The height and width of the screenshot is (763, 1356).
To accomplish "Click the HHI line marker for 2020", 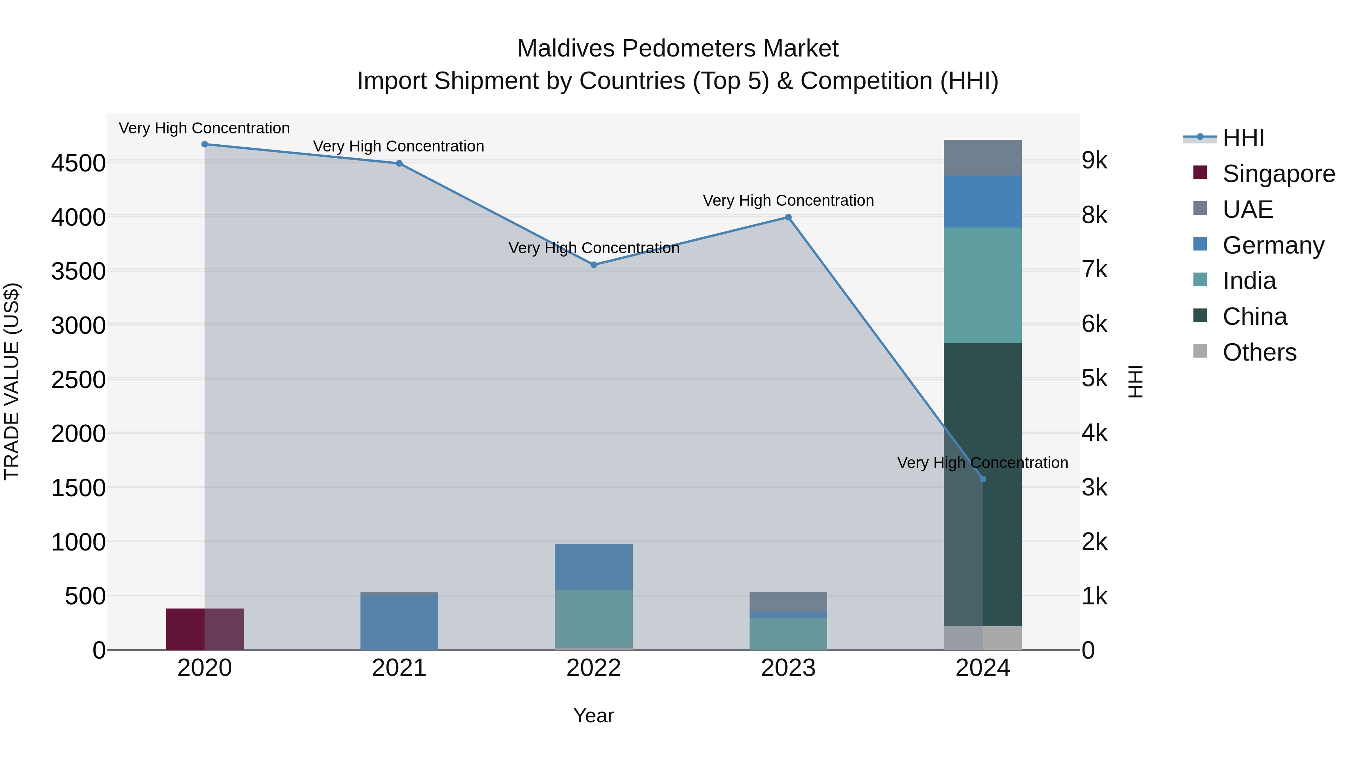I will point(205,144).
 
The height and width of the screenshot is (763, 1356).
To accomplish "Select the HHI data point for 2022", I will point(594,265).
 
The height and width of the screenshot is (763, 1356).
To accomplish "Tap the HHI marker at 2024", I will point(983,479).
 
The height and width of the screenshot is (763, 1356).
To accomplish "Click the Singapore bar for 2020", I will point(205,629).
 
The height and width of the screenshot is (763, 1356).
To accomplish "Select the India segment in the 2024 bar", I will point(983,285).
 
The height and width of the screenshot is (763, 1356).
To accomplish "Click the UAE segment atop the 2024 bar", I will point(983,157).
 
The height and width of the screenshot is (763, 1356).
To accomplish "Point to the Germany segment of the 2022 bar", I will point(594,567).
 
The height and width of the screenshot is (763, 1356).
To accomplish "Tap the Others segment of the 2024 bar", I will point(983,638).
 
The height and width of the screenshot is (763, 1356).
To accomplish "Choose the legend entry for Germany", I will point(1273,245).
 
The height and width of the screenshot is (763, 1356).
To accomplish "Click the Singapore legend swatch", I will point(1200,173).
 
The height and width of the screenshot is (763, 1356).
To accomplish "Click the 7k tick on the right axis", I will point(1095,270).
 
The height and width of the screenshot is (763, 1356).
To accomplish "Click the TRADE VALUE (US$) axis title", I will point(12,381).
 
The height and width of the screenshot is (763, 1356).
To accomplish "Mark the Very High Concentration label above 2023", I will point(788,200).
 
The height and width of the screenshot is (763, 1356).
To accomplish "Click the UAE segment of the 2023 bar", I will point(788,602).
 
